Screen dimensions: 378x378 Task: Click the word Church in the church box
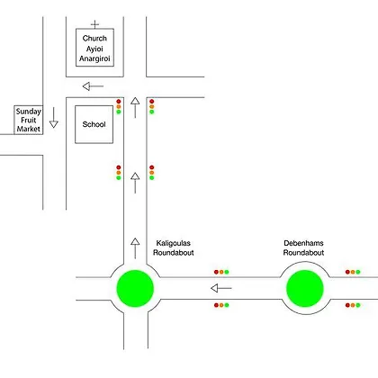tap(94, 39)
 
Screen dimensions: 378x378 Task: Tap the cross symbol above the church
tap(94, 24)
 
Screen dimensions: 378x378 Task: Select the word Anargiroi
tap(94, 58)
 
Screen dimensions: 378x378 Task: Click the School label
tap(94, 124)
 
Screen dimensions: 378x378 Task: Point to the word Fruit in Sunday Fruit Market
tap(29, 120)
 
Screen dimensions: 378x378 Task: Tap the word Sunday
tap(29, 112)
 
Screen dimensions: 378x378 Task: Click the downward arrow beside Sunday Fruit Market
tap(54, 118)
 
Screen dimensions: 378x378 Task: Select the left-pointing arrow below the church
tap(93, 86)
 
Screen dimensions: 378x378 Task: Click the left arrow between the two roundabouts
tap(221, 288)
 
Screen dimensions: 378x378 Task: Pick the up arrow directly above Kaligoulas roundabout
tap(135, 248)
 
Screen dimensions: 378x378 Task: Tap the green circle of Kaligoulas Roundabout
tap(135, 288)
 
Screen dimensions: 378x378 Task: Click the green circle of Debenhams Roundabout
tap(305, 288)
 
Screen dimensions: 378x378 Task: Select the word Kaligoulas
tap(174, 243)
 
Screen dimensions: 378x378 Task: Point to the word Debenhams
tap(303, 243)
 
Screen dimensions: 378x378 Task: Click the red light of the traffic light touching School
tap(119, 102)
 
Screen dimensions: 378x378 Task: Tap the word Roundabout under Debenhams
tap(303, 253)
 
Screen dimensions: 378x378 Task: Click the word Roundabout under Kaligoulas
tap(174, 253)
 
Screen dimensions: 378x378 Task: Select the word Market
tap(29, 129)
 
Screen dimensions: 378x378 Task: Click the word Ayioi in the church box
tap(94, 49)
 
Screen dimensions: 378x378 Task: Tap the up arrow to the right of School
tap(135, 108)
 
